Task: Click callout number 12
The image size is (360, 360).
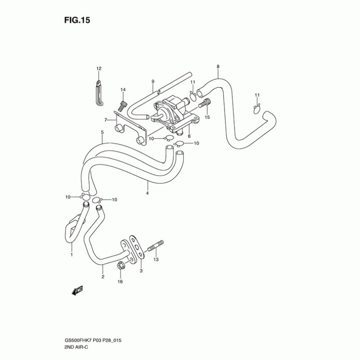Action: tap(99, 68)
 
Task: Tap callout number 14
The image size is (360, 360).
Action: tap(123, 90)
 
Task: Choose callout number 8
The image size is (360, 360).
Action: tap(218, 67)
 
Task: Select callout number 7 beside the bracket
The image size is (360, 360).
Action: tap(106, 120)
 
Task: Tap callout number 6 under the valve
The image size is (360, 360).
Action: tap(189, 136)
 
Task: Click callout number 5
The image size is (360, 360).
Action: tap(102, 132)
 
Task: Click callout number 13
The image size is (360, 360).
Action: tap(156, 260)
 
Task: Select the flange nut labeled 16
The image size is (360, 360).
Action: tap(120, 266)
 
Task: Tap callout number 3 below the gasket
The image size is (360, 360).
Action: tap(140, 271)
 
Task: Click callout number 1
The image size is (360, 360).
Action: tap(71, 255)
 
